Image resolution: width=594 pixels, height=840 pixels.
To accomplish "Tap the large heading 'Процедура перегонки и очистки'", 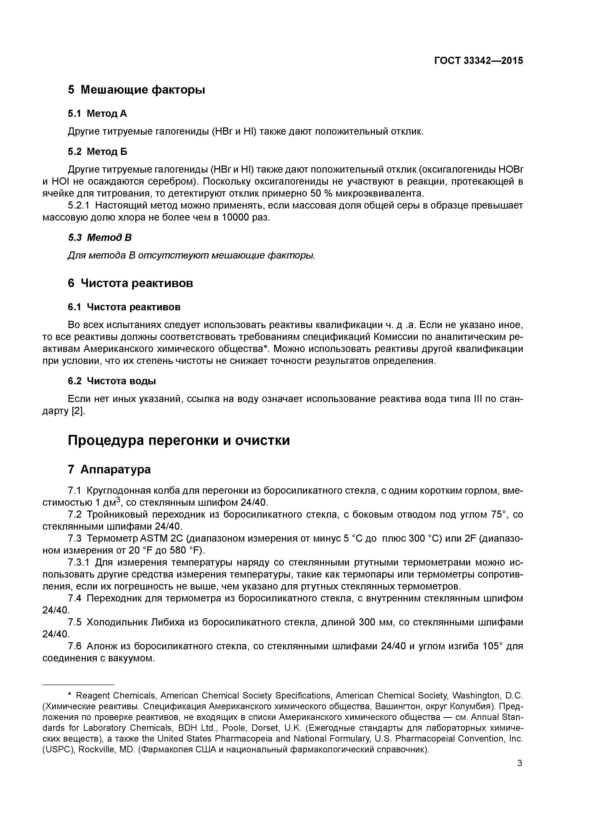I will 179,440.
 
